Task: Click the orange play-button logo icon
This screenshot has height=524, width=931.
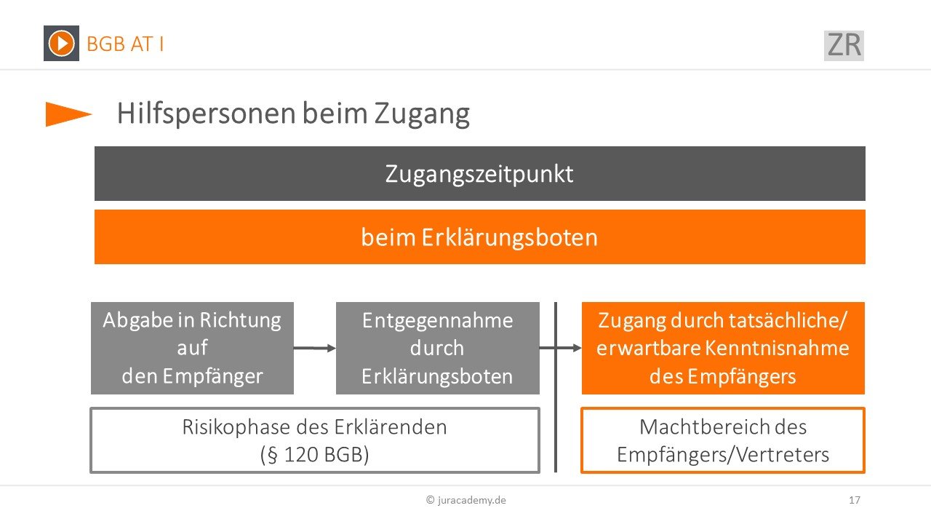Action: (x=61, y=43)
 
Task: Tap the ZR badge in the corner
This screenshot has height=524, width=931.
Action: (x=844, y=45)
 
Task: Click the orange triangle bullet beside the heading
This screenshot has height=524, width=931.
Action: (x=68, y=114)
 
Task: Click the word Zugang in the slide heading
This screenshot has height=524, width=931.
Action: (x=422, y=114)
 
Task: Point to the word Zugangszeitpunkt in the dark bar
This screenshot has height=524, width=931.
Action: (x=479, y=174)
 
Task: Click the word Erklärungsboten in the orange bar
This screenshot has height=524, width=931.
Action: (x=510, y=237)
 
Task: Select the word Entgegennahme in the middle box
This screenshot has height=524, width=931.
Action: (x=438, y=321)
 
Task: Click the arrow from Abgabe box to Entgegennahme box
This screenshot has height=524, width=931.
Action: (x=315, y=348)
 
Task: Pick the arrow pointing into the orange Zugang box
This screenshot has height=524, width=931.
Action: (x=560, y=348)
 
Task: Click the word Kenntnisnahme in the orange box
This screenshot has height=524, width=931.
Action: (x=778, y=348)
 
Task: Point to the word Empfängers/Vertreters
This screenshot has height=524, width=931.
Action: (x=723, y=455)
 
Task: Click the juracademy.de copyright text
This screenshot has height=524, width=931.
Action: (x=466, y=500)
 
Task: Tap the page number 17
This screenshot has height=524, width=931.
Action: (x=855, y=500)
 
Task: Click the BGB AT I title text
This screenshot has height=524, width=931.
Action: (x=125, y=44)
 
